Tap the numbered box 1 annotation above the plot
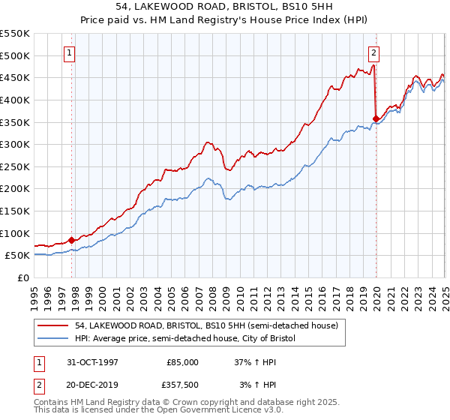[69, 52]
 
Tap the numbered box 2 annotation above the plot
[373, 52]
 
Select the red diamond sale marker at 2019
[376, 118]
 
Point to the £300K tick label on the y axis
[14, 144]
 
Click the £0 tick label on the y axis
[23, 277]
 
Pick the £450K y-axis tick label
[14, 77]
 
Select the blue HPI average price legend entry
[186, 339]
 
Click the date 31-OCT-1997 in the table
[92, 361]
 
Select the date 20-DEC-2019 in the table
[92, 384]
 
